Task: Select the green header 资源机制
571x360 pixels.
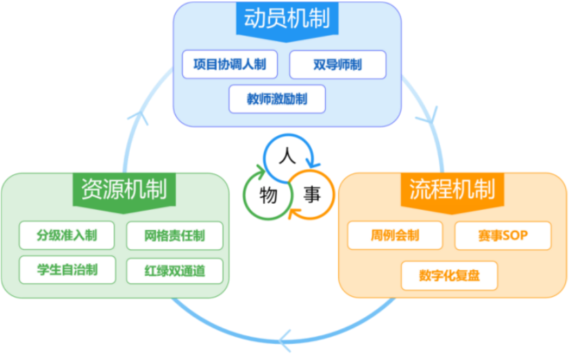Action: click(124, 189)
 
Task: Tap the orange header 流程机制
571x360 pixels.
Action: click(452, 188)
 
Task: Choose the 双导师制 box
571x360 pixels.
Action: click(338, 65)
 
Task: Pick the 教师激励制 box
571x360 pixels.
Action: click(277, 99)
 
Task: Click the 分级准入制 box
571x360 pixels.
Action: click(67, 236)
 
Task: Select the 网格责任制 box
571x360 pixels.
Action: click(175, 236)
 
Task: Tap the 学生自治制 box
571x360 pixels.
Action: click(67, 269)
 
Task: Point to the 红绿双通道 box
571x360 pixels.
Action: click(175, 269)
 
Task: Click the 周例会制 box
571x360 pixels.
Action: click(394, 236)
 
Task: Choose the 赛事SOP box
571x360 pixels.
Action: click(503, 236)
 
